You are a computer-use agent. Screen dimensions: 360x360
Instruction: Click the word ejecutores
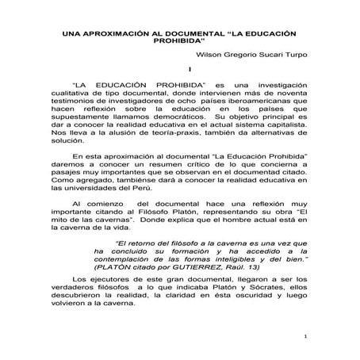(x=125, y=280)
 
